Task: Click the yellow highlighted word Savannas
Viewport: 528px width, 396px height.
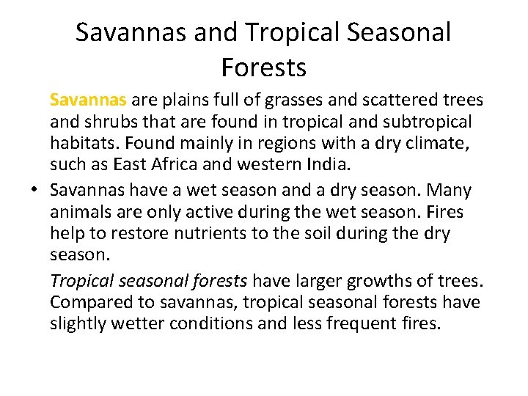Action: point(89,99)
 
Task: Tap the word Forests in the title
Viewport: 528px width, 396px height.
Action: point(263,67)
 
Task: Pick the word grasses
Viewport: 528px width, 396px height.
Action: point(285,99)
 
